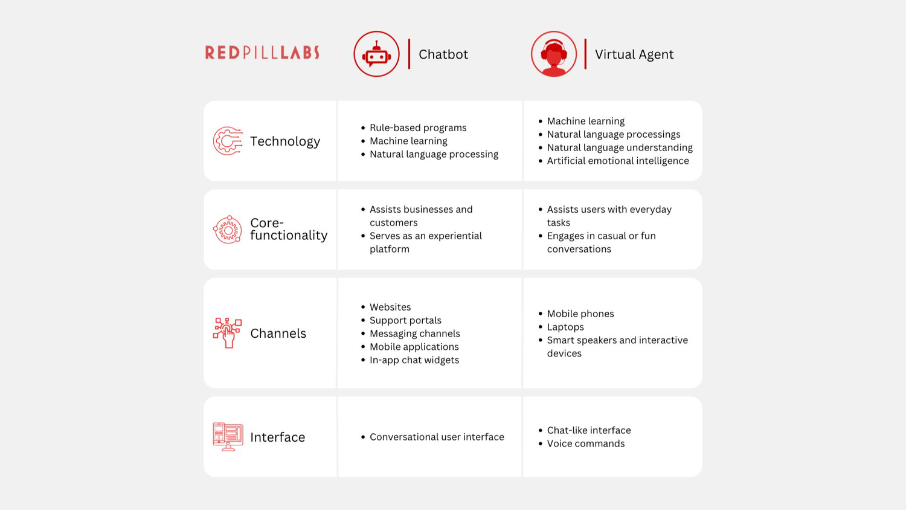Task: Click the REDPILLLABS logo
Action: (x=262, y=53)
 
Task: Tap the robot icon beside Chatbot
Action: (x=376, y=54)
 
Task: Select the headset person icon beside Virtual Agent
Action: (x=554, y=54)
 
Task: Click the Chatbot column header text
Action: (x=443, y=54)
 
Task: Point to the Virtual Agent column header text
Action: (x=634, y=54)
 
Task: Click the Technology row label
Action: (x=285, y=141)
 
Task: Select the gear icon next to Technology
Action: (x=228, y=141)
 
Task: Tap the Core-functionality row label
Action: (x=289, y=229)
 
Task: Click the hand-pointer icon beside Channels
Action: (x=228, y=333)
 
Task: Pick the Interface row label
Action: (x=278, y=437)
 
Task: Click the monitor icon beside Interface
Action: (x=228, y=436)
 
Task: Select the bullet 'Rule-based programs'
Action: (x=418, y=127)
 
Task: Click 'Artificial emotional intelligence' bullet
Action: (x=618, y=161)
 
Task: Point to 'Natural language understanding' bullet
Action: (x=620, y=147)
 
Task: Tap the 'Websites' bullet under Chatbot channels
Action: (x=390, y=307)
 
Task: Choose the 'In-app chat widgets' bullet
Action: (x=414, y=360)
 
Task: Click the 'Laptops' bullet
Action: (x=565, y=327)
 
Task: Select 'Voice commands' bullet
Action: (x=586, y=444)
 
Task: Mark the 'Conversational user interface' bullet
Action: (x=437, y=437)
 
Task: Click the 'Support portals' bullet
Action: (x=405, y=320)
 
